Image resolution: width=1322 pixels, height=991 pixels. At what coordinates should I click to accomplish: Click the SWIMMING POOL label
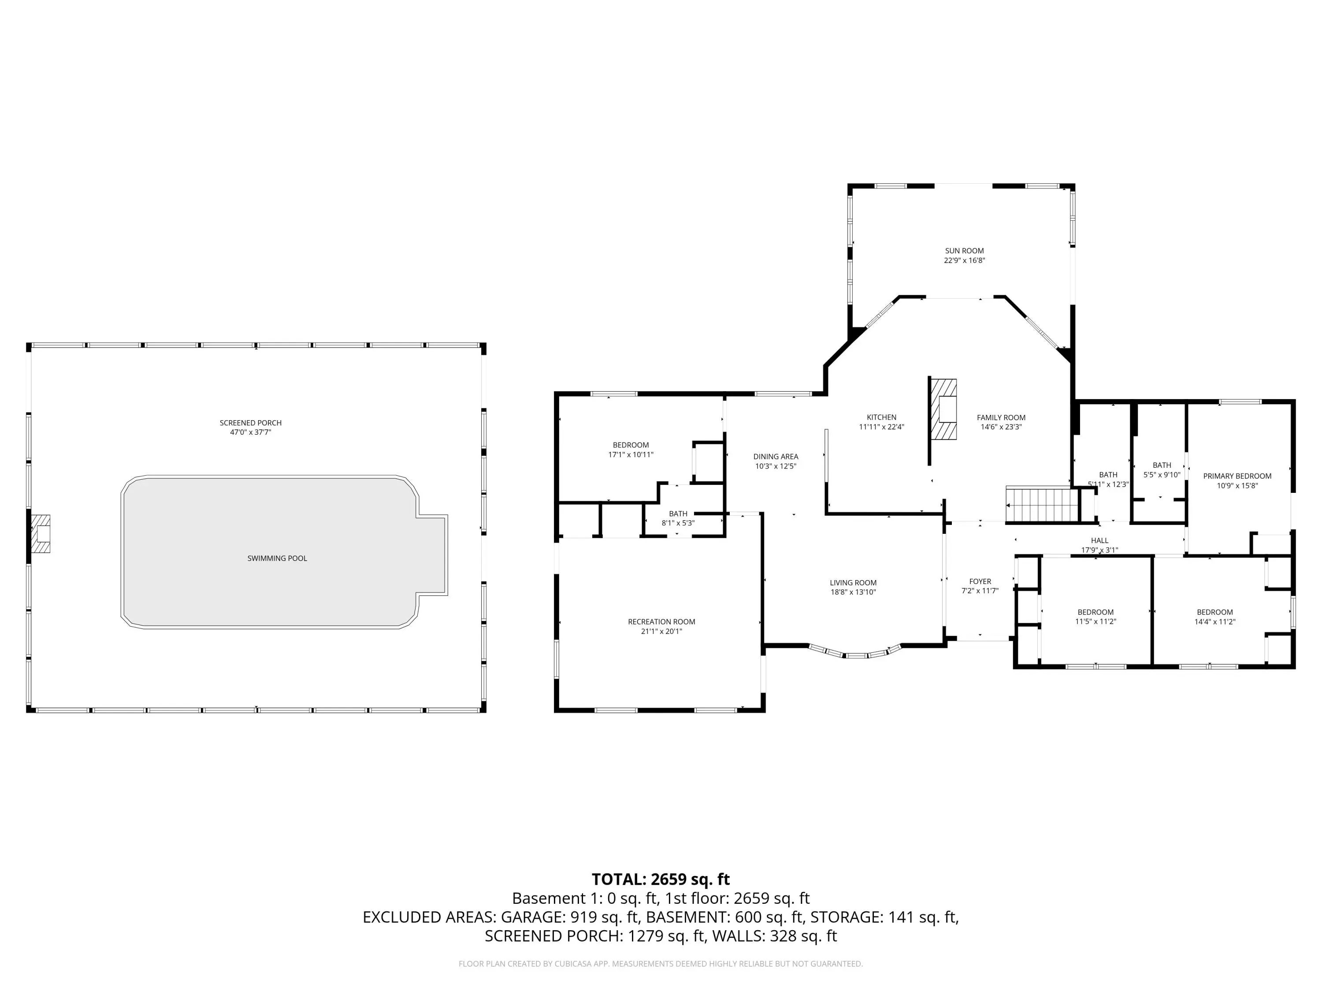click(277, 558)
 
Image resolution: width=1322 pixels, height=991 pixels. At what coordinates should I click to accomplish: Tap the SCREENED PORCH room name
click(250, 423)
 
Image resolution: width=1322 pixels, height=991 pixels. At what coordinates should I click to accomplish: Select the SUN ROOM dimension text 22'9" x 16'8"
click(965, 260)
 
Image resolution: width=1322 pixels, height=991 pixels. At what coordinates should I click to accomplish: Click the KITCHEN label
click(881, 418)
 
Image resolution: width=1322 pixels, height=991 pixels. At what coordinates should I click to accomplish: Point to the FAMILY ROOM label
click(1001, 418)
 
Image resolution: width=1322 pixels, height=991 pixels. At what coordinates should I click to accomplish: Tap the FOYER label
click(980, 581)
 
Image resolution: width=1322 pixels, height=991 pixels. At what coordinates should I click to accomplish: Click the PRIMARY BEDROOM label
click(1237, 476)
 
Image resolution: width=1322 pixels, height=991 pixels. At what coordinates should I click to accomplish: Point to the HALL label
click(1099, 540)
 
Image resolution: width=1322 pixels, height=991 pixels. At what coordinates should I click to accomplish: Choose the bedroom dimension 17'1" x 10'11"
click(631, 455)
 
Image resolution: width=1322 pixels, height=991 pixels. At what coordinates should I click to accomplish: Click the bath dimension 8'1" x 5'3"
click(678, 523)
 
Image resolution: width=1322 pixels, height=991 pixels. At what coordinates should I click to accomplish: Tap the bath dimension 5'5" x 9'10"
click(1162, 475)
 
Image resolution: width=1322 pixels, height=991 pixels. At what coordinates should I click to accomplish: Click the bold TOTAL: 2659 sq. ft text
click(661, 879)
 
